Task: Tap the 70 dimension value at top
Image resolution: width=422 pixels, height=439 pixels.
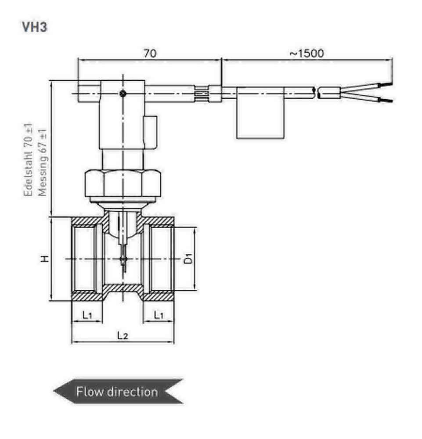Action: [x=150, y=53]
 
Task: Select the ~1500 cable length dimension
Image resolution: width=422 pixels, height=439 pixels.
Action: [x=307, y=53]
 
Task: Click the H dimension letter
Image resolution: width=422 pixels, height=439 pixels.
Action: [x=44, y=259]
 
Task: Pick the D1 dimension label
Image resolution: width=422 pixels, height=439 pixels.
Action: [x=188, y=259]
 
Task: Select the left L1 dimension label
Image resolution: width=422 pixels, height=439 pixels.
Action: [x=87, y=314]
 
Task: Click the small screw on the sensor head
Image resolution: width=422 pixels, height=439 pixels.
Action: [x=123, y=93]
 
